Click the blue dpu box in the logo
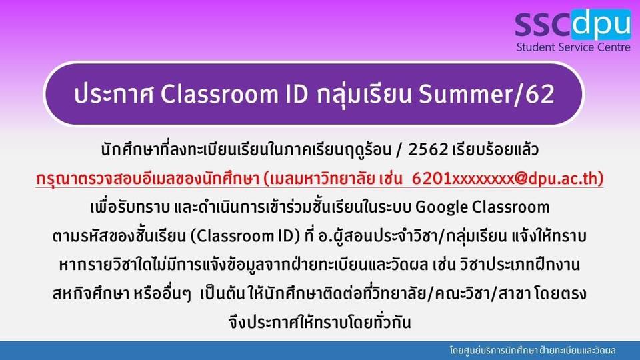[601, 24]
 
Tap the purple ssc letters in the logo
[543, 25]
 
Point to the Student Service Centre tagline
[573, 47]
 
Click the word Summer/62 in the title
[487, 94]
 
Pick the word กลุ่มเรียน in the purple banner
[363, 94]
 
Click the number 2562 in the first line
[428, 150]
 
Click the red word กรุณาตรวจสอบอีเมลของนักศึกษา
[148, 179]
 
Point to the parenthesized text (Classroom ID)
[245, 236]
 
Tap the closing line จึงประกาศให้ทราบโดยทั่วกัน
[320, 322]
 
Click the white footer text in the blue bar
[533, 351]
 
